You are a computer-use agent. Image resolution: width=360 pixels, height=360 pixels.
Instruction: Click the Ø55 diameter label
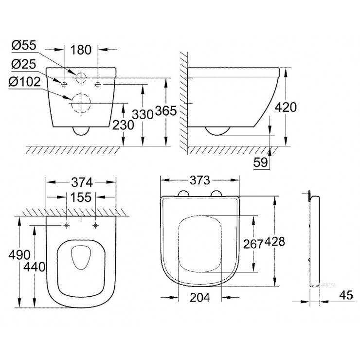(24, 45)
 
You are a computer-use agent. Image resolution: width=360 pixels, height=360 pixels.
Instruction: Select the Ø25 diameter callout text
(24, 64)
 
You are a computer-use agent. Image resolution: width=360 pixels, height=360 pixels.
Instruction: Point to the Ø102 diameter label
(25, 82)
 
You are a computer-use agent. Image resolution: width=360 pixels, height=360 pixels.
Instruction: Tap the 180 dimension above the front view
(81, 50)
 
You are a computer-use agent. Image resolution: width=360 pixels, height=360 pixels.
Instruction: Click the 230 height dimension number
(123, 125)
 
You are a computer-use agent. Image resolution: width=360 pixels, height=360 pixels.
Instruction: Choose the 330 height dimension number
(143, 114)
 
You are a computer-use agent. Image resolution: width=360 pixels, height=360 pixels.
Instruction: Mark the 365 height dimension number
(166, 111)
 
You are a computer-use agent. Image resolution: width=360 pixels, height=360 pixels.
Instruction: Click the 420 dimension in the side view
(286, 107)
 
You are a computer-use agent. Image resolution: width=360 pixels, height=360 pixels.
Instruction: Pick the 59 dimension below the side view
(261, 162)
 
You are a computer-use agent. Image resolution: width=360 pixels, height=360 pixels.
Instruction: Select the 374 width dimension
(82, 182)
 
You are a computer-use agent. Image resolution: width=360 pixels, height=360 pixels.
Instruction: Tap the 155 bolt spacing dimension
(81, 197)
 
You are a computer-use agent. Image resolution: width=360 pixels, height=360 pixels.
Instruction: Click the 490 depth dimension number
(19, 254)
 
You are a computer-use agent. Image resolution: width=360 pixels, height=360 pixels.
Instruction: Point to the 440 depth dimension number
(35, 267)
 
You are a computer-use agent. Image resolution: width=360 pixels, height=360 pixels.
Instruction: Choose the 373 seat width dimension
(200, 180)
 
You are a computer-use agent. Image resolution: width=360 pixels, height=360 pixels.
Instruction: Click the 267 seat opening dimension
(253, 244)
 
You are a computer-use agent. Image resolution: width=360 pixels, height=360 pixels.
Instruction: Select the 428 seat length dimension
(275, 242)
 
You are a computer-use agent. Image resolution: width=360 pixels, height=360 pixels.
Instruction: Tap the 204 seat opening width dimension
(200, 298)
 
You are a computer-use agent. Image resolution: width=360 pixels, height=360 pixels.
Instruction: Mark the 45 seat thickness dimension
(346, 295)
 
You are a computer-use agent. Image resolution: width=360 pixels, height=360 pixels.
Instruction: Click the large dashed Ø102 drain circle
(81, 103)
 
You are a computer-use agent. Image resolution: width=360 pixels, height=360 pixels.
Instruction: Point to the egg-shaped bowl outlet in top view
(81, 257)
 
